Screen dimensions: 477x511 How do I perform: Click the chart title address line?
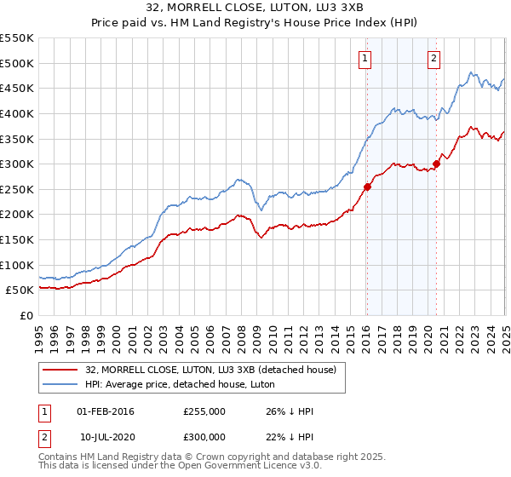coord(255,9)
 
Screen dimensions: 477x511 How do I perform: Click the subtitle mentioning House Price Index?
coord(255,24)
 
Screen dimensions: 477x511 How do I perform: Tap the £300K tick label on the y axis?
coord(17,164)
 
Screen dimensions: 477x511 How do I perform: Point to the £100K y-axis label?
coord(17,265)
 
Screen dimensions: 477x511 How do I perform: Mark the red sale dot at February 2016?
coord(367,187)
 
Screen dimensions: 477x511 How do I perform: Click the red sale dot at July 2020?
coord(436,164)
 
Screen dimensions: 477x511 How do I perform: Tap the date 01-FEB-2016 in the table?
coord(106,411)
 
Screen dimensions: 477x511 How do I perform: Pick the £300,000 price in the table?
coord(204,437)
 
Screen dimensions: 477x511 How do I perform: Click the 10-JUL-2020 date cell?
coord(106,437)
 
